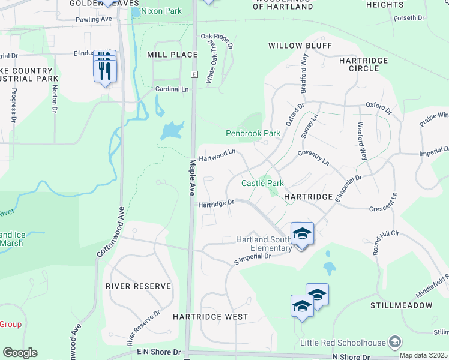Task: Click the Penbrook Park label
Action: click(x=253, y=133)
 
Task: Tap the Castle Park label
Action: click(x=262, y=183)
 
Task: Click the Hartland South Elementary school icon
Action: click(x=302, y=233)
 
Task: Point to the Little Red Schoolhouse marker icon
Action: click(x=394, y=342)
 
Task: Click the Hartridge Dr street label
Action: click(x=216, y=203)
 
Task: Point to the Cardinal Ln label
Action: click(x=172, y=89)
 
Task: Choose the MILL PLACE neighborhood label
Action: click(x=172, y=55)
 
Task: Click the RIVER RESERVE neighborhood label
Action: click(x=138, y=286)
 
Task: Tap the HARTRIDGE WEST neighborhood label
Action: click(x=210, y=316)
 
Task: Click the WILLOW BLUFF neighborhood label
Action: click(x=291, y=46)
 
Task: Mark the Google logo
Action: click(x=20, y=353)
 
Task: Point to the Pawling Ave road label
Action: click(x=94, y=19)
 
